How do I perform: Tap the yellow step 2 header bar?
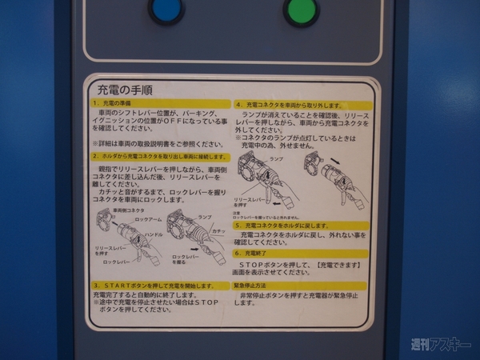[x=157, y=157]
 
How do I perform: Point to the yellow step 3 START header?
[x=157, y=285]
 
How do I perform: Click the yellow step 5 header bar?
[x=301, y=226]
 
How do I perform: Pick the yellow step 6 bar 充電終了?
[x=301, y=253]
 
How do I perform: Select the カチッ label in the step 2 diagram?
[x=218, y=231]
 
